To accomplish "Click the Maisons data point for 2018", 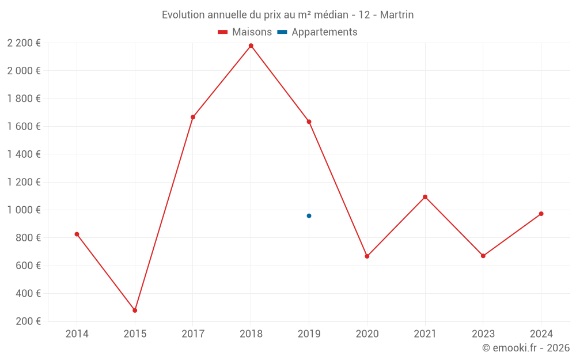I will click(x=251, y=46).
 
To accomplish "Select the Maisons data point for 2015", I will click(x=135, y=310).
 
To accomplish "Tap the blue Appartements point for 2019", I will click(x=309, y=216).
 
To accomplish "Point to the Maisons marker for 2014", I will click(x=77, y=234).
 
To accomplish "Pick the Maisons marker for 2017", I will click(x=193, y=117).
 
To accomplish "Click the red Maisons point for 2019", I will click(x=309, y=122).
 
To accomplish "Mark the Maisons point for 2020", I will click(x=367, y=256).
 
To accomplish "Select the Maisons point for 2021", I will click(x=425, y=197).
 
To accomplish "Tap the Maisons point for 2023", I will click(x=483, y=256).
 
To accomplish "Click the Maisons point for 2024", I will click(x=541, y=214).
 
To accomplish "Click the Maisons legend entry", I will click(x=245, y=32).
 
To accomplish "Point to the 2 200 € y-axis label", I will click(x=24, y=43).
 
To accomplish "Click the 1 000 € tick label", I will click(x=24, y=210).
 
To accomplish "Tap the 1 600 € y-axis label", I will click(x=24, y=127).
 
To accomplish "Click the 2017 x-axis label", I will click(x=193, y=334).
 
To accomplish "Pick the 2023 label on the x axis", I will click(x=483, y=334).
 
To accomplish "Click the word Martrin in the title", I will click(x=397, y=15).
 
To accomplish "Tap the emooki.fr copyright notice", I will click(x=526, y=348).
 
